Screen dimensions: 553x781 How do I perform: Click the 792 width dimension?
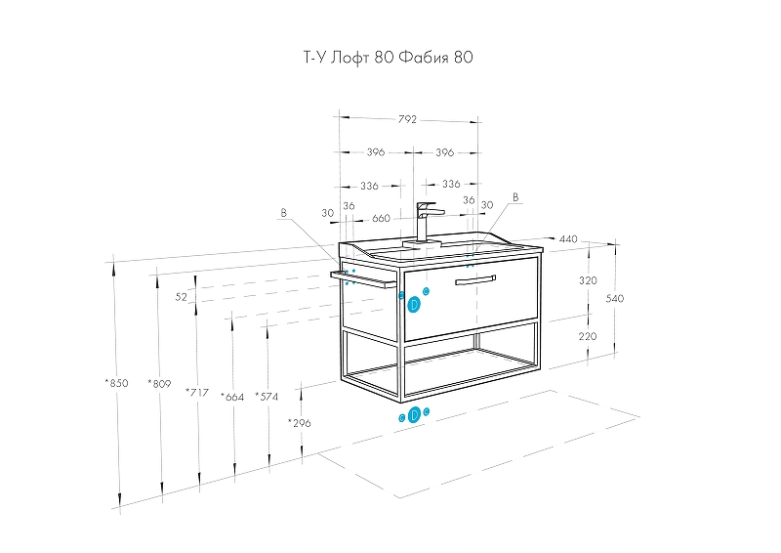tap(408, 119)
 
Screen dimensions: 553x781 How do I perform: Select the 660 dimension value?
tap(381, 218)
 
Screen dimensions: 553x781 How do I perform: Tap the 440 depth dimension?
tap(568, 238)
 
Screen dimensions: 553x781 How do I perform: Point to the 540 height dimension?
tap(615, 299)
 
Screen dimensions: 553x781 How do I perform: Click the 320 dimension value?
tap(588, 280)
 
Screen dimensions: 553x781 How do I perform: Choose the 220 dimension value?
tap(588, 336)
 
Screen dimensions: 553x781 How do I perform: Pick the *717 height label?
tap(197, 392)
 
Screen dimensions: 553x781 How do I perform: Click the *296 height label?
tap(300, 423)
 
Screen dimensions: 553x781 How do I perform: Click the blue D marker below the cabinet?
tap(414, 415)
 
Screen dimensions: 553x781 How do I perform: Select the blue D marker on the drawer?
tap(414, 304)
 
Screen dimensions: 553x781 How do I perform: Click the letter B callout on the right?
tap(516, 197)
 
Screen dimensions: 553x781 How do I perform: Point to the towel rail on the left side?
tap(363, 279)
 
